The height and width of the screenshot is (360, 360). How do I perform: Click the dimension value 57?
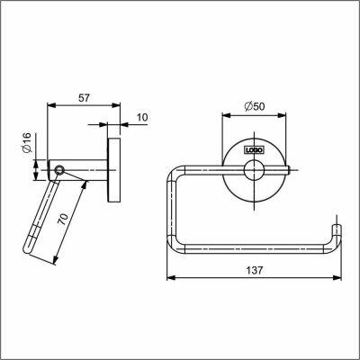[x=84, y=98]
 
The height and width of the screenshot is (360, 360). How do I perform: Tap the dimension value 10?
[x=142, y=117]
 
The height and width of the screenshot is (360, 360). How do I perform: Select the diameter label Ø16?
[x=27, y=142]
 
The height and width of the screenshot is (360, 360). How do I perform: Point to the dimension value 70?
[x=63, y=220]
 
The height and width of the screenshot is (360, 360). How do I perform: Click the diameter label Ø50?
[x=255, y=106]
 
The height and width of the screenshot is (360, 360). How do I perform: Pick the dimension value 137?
[x=255, y=270]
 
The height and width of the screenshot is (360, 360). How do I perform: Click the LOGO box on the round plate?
[x=255, y=150]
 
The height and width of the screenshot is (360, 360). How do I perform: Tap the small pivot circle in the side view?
[x=59, y=170]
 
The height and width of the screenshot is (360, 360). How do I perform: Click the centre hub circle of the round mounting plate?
[x=254, y=170]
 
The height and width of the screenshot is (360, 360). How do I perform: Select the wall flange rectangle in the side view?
[x=114, y=170]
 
